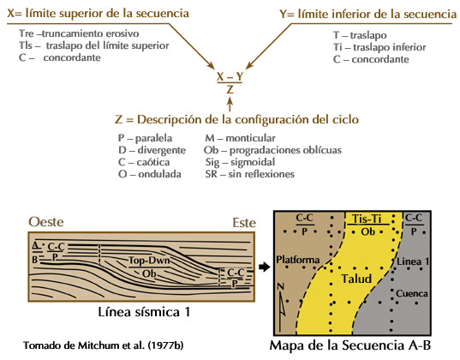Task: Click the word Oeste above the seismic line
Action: [x=46, y=222]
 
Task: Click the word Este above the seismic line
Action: [x=244, y=223]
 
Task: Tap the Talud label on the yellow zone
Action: [x=356, y=279]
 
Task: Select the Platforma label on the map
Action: [x=298, y=260]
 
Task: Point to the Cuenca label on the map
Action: [x=411, y=293]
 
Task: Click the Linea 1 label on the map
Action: [x=413, y=261]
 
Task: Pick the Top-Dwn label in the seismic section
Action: [x=149, y=261]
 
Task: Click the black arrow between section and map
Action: [x=265, y=267]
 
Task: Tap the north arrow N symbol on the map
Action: [x=281, y=305]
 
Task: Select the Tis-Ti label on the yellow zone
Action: [x=367, y=219]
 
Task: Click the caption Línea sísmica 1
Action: [x=144, y=312]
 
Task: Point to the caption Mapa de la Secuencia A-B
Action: [x=350, y=345]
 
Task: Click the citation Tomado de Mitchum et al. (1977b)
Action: [x=104, y=345]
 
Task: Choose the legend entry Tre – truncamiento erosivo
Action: [x=79, y=33]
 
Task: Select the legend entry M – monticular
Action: [x=240, y=138]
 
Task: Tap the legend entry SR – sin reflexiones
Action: [x=249, y=174]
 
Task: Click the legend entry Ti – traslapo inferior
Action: [x=379, y=47]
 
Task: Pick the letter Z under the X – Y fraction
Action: [x=230, y=89]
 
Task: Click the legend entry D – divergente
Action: [x=152, y=150]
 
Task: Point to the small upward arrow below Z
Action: [x=230, y=105]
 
